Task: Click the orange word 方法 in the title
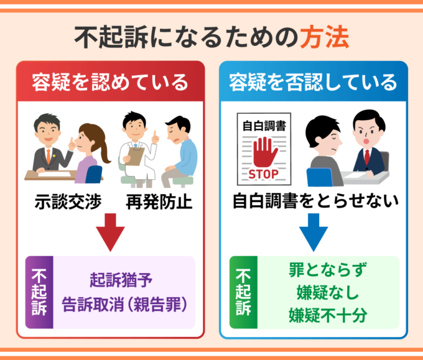coord(325,37)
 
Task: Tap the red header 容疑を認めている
coord(110,82)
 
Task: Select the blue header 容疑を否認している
coord(313,82)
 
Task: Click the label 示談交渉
coord(68,201)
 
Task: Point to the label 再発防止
coord(159,201)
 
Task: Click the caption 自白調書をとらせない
coord(315,201)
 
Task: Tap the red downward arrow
coord(110,233)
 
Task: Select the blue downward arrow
coord(314,233)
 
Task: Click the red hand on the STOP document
coord(265,152)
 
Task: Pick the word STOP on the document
coord(264,174)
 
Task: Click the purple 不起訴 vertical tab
coord(39,292)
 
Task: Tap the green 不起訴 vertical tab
coord(244,292)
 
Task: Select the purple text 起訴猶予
coord(121,280)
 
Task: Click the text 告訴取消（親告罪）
coord(124,305)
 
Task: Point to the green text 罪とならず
coord(328,270)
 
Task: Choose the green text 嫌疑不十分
coord(328,315)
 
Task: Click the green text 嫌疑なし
coord(328,292)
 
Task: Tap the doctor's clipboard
coord(134,157)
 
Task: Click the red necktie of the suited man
coord(367,157)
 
